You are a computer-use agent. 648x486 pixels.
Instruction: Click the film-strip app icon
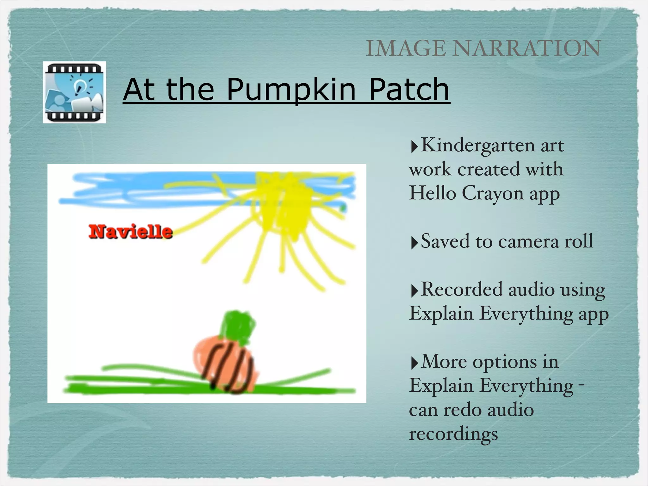[75, 92]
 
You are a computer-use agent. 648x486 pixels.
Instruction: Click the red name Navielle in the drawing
[130, 232]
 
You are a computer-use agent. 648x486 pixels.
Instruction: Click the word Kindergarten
[478, 146]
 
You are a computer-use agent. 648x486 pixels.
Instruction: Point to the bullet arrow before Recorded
[414, 291]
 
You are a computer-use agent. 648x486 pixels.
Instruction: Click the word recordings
[453, 434]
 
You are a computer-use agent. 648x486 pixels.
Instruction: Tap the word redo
[463, 410]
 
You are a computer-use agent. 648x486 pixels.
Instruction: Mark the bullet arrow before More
[414, 364]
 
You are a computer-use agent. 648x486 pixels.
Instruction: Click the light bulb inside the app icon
[78, 84]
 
